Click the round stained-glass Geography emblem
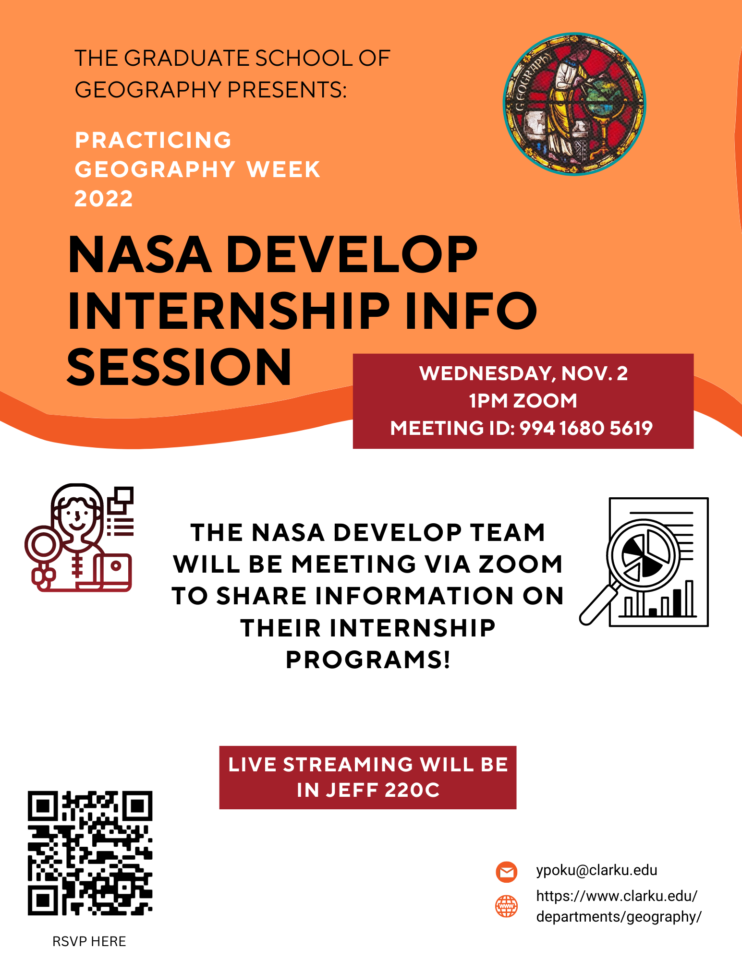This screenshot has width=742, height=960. coord(574,104)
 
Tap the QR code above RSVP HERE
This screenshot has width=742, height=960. coord(90,853)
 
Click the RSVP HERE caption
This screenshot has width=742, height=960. coord(89,941)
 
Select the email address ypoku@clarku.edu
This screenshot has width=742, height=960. coord(596,870)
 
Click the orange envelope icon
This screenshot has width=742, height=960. coord(506,872)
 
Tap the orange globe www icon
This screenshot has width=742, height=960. coord(506,906)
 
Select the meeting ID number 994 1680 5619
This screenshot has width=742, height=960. coord(586,428)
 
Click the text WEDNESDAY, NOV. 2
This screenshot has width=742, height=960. coord(523,373)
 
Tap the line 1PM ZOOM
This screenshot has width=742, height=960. coord(523,401)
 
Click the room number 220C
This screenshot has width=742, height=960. coord(412,790)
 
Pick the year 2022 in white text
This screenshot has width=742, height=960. coord(104,199)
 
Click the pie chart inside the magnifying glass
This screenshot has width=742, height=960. coord(644,556)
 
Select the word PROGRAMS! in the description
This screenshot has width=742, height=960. coord(368,660)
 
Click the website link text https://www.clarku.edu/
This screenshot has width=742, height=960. coord(617,896)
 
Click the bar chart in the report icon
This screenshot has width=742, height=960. coord(659,601)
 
